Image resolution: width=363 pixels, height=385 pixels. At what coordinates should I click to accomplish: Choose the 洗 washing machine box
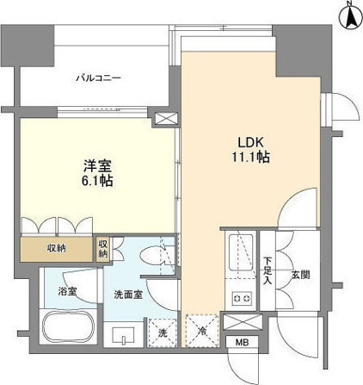coord(162,332)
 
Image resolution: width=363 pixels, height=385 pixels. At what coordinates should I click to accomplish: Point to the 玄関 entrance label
coord(299,275)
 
